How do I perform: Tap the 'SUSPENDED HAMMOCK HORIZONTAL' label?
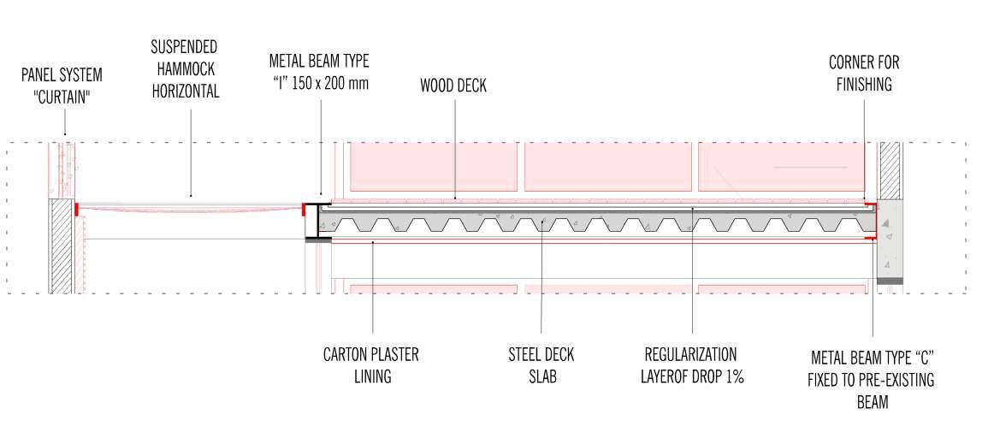186,68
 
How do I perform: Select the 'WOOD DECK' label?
453,86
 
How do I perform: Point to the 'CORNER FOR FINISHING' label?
864,74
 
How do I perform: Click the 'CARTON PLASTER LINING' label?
370,364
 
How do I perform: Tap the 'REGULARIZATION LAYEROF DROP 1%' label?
692,364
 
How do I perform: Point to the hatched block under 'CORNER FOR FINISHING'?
890,169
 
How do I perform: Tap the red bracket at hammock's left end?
77,208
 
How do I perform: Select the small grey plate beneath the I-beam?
318,241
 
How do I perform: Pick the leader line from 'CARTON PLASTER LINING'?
373,291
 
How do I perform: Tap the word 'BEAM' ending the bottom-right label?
872,401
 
